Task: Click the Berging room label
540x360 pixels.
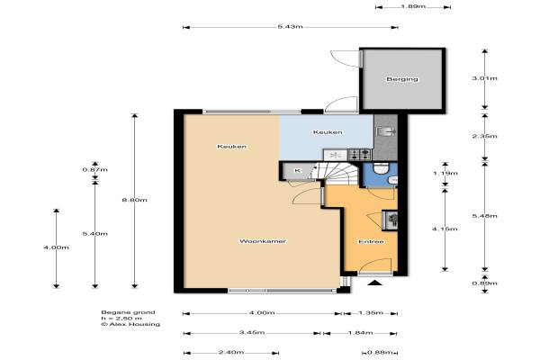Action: tap(402, 79)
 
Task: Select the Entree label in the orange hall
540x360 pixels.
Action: tap(371, 241)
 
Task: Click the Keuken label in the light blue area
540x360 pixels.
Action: tap(328, 132)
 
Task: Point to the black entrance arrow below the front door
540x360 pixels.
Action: tap(375, 283)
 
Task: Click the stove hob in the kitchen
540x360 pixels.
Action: tap(360, 154)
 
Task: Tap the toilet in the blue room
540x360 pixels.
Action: tap(381, 168)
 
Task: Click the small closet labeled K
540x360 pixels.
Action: tap(297, 171)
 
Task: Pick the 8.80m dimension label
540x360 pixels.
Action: tap(135, 200)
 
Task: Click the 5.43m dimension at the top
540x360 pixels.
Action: tap(291, 27)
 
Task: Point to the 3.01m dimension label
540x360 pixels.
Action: tap(484, 78)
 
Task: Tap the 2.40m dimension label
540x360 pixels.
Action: tap(231, 353)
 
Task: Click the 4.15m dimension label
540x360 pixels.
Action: tap(445, 229)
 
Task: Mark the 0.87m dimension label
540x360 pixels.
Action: tap(95, 169)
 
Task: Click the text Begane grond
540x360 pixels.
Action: tap(128, 312)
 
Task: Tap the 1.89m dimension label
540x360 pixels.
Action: tap(413, 6)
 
